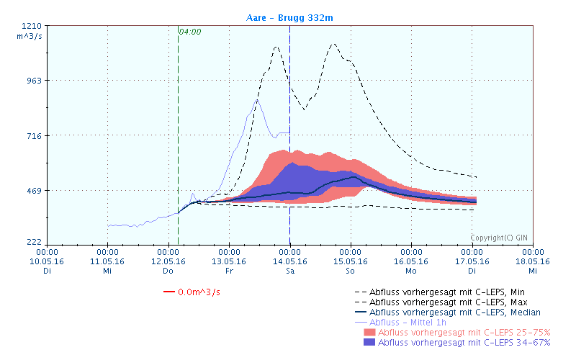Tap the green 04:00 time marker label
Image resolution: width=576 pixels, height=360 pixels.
pyautogui.click(x=190, y=32)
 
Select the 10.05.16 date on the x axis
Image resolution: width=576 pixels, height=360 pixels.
pyautogui.click(x=47, y=261)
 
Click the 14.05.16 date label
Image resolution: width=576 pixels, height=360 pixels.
pyautogui.click(x=289, y=261)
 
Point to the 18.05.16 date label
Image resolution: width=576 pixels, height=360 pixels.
pyautogui.click(x=532, y=261)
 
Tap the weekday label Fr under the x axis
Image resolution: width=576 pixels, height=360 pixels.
pyautogui.click(x=229, y=271)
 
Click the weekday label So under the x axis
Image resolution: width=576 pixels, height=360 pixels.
pyautogui.click(x=351, y=271)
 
